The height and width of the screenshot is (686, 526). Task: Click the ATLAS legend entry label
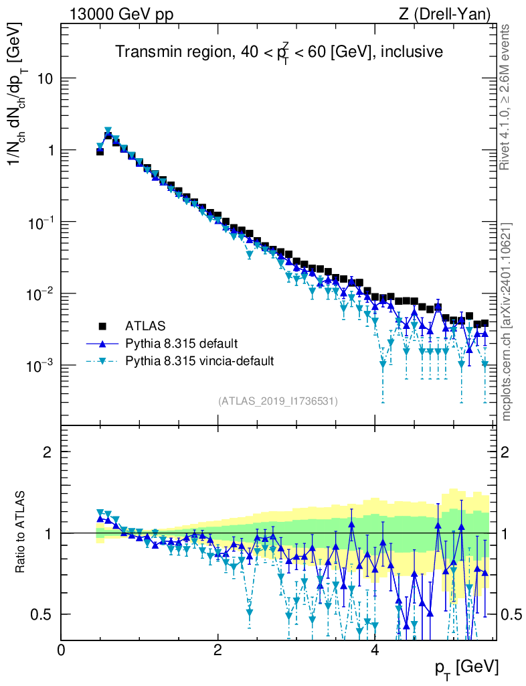(145, 326)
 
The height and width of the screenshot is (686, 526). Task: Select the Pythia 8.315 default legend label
(181, 344)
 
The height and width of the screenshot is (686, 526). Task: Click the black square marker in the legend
(102, 326)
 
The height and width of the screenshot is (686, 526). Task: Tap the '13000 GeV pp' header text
(120, 14)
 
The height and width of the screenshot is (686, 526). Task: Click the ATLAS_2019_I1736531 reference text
(278, 401)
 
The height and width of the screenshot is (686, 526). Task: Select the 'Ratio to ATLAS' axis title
(21, 533)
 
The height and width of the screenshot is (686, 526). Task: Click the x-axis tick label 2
(217, 650)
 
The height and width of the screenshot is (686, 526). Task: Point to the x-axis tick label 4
(375, 650)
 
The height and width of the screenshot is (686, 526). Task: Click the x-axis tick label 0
(61, 650)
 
